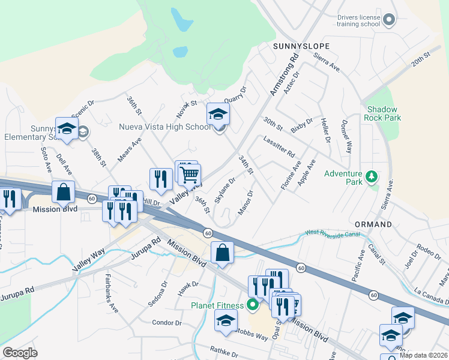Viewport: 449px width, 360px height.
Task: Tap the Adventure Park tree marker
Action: point(372,176)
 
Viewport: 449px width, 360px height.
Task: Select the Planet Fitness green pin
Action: point(253,305)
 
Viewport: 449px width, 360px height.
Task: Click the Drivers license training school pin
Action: point(389,20)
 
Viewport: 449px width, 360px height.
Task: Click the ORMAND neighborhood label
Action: point(373,224)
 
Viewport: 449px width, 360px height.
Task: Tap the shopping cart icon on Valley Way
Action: point(190,175)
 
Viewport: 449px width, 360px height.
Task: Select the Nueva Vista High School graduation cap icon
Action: point(218,113)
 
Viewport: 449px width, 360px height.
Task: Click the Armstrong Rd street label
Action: point(284,76)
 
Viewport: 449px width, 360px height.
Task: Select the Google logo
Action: point(20,353)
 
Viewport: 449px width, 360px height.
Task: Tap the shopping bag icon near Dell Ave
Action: point(63,192)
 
